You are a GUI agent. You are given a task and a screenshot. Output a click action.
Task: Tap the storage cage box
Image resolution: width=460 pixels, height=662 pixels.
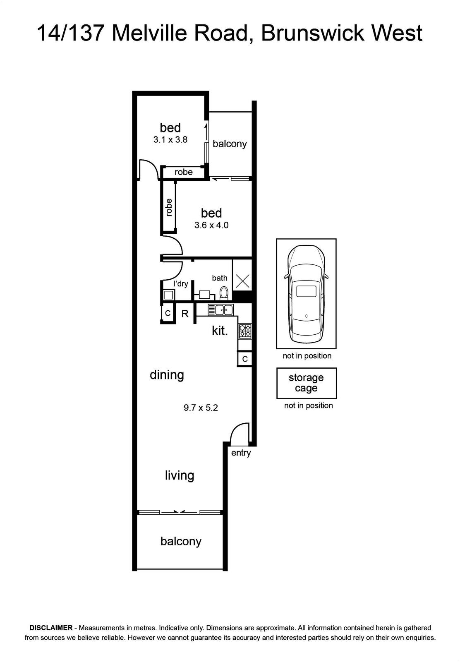pos(307,383)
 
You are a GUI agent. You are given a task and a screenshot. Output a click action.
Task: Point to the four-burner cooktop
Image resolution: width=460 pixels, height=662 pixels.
pos(245,331)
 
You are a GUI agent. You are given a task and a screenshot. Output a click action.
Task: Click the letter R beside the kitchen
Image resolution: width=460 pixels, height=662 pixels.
pos(185,314)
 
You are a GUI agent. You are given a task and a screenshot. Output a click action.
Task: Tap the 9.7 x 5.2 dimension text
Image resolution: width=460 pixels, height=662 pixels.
pos(201,408)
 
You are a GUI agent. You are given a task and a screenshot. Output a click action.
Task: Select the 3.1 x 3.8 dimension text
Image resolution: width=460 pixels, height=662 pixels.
pos(170,139)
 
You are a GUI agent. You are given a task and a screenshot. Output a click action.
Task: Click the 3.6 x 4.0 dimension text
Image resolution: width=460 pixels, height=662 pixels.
pos(211,225)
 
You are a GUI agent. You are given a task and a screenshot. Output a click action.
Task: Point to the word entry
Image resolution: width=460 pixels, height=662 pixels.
pos(241,453)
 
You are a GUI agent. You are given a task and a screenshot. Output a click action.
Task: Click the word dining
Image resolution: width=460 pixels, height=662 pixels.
pos(167,375)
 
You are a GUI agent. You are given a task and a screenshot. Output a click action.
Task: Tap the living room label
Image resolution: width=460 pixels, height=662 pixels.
pos(180,475)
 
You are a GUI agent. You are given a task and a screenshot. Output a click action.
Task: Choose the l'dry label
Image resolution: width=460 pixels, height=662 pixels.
pos(181,284)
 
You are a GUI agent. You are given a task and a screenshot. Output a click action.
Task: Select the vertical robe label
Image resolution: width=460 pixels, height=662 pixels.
pos(168,207)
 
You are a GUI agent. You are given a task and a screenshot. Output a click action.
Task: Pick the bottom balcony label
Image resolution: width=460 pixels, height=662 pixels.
pos(181,542)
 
